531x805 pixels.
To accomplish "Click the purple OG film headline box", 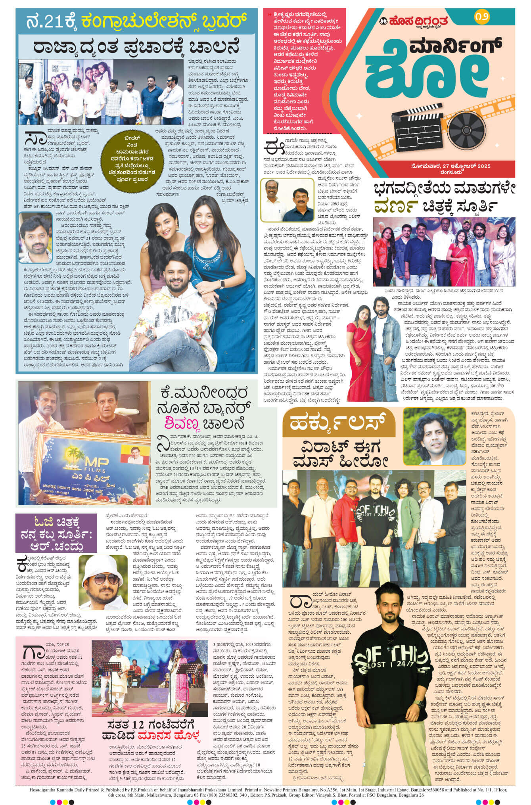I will pyautogui.click(x=56, y=533).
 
